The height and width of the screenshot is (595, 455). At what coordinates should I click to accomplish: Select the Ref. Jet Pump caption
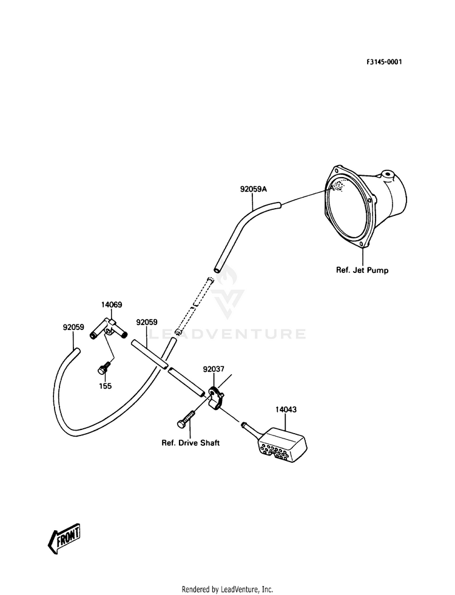[x=362, y=271]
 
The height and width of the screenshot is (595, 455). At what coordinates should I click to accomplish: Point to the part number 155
[x=106, y=386]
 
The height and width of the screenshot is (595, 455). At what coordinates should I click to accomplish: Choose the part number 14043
[x=286, y=410]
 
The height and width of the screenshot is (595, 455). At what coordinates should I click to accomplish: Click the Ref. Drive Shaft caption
[x=190, y=443]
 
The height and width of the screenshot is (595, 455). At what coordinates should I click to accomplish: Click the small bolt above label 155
[x=105, y=368]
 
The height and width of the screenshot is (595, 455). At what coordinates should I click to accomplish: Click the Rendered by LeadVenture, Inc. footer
[x=227, y=589]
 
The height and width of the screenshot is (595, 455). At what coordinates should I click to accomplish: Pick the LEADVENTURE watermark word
[x=227, y=334]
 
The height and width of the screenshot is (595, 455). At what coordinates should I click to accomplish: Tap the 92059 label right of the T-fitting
[x=147, y=322]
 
